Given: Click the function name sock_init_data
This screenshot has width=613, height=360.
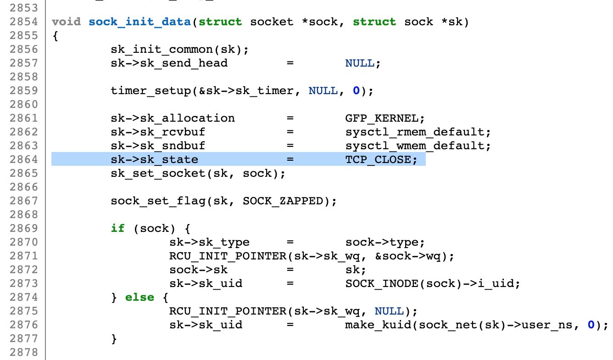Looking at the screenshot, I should point(140,22).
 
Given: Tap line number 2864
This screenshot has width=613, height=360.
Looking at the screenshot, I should point(24,159).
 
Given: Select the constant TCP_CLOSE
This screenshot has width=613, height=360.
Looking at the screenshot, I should point(381,159).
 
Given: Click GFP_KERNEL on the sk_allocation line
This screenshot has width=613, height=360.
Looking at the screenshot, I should point(381,118).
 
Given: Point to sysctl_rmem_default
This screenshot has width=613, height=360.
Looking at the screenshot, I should point(418,132).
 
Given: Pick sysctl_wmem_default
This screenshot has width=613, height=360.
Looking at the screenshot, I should point(418,146).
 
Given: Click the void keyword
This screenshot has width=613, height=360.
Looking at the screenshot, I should point(66,22).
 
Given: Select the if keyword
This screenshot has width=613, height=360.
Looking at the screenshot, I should point(117,228).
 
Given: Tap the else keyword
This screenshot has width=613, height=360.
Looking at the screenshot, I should point(139,297).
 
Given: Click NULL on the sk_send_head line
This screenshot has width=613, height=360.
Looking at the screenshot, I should point(360,63).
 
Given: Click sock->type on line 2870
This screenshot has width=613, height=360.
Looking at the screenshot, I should point(385,242).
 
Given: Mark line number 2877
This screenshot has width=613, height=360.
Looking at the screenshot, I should point(24,338).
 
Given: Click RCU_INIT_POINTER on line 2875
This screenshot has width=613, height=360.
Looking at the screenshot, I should point(228,311).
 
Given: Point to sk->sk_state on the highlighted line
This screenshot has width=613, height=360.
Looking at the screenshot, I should point(154,159).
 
